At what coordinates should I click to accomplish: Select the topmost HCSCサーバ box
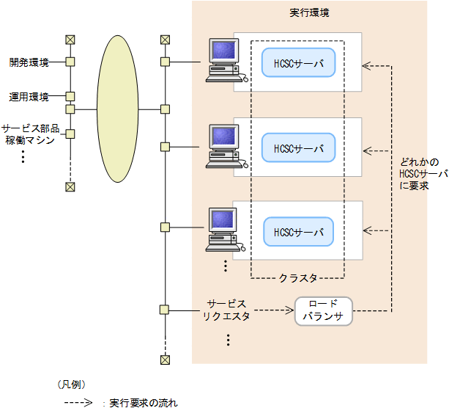(298, 63)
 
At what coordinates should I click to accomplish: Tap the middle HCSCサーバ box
(298, 147)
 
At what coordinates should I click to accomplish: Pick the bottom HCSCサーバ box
(298, 231)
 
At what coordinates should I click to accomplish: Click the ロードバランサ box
(323, 311)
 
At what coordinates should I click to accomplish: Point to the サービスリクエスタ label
(226, 310)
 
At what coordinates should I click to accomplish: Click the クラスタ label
(298, 278)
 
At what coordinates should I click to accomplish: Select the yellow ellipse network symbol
(117, 109)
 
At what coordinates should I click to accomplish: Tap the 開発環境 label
(29, 63)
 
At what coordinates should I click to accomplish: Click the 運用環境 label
(29, 96)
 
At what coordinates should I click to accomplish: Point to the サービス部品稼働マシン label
(29, 134)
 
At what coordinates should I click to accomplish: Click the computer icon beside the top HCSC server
(223, 59)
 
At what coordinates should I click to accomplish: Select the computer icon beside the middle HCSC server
(223, 145)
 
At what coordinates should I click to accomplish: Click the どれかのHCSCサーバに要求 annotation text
(423, 174)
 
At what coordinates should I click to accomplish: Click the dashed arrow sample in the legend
(78, 402)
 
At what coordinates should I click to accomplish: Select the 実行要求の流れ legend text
(143, 402)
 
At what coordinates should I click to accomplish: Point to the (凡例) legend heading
(72, 384)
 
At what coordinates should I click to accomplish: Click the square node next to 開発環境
(70, 62)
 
